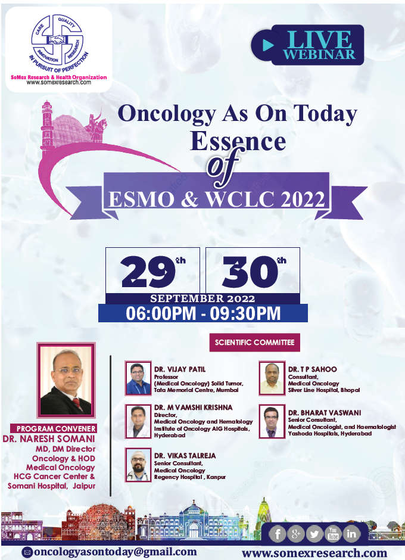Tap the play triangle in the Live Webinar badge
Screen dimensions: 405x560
pos(268,45)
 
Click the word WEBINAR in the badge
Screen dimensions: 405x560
pos(319,54)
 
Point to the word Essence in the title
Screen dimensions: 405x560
pos(238,141)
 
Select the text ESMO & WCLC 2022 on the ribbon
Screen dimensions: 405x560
pos(217,200)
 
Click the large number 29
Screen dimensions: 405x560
pos(148,272)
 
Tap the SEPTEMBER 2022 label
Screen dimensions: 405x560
pos(202,298)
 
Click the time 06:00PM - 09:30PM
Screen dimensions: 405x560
pos(203,313)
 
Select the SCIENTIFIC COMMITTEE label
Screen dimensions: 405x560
pos(254,342)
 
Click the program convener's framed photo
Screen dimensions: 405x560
pos(66,380)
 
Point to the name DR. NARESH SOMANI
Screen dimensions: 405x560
pos(49,438)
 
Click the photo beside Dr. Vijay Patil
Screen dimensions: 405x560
pos(138,378)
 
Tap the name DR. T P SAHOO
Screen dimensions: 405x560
pos(312,369)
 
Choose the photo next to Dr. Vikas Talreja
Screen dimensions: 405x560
pos(138,465)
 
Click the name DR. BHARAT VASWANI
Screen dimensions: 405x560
pos(324,412)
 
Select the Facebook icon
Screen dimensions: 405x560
pos(278,534)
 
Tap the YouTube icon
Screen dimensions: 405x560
pos(333,534)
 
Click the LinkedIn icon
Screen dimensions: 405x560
pos(351,534)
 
